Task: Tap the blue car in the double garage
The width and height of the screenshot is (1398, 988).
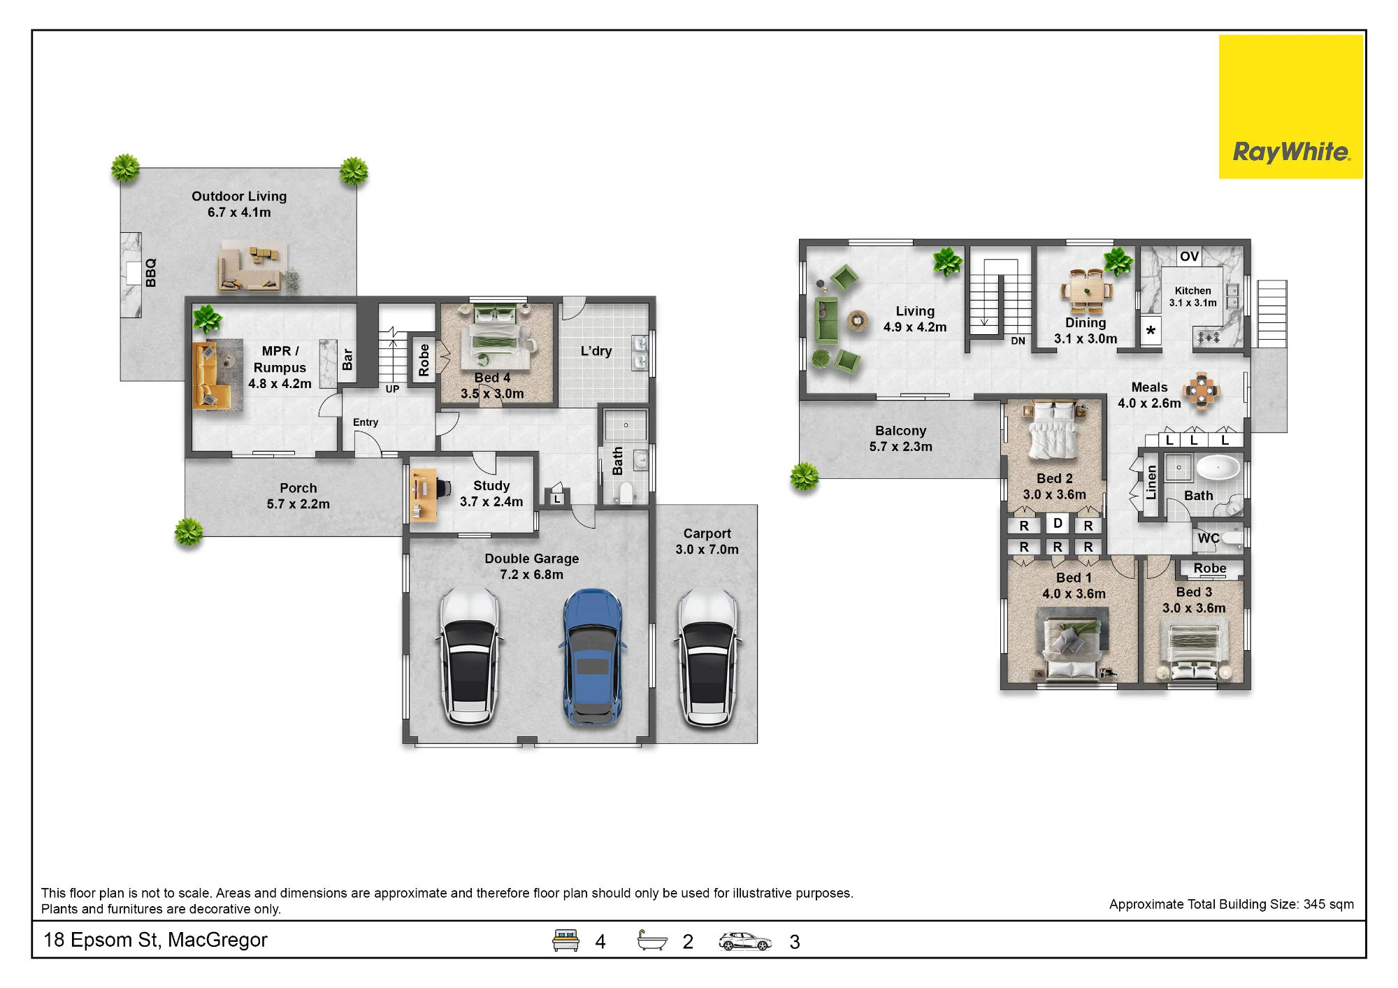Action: [x=593, y=657]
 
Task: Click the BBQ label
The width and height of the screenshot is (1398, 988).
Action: [x=151, y=273]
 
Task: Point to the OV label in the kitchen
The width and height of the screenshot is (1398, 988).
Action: [x=1189, y=256]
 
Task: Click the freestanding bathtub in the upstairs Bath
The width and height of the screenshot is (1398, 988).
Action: [x=1218, y=467]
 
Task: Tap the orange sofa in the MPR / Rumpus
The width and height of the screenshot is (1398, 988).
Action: [x=210, y=375]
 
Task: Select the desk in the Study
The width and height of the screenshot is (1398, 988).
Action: [x=424, y=495]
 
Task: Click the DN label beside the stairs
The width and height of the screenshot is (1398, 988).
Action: [x=1018, y=341]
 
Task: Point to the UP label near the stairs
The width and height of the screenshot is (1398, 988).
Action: [x=392, y=389]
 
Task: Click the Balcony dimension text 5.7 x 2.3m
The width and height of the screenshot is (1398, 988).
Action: [x=900, y=447]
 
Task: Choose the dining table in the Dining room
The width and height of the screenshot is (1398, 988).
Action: [x=1086, y=291]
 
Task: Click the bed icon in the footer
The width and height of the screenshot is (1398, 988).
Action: [x=565, y=940]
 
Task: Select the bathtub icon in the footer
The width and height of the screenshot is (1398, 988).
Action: [x=652, y=940]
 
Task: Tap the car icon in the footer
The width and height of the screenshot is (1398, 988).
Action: [x=745, y=941]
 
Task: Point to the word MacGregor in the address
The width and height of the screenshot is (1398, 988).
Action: [x=217, y=940]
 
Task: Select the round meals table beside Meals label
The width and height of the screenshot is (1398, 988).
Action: [x=1201, y=390]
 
